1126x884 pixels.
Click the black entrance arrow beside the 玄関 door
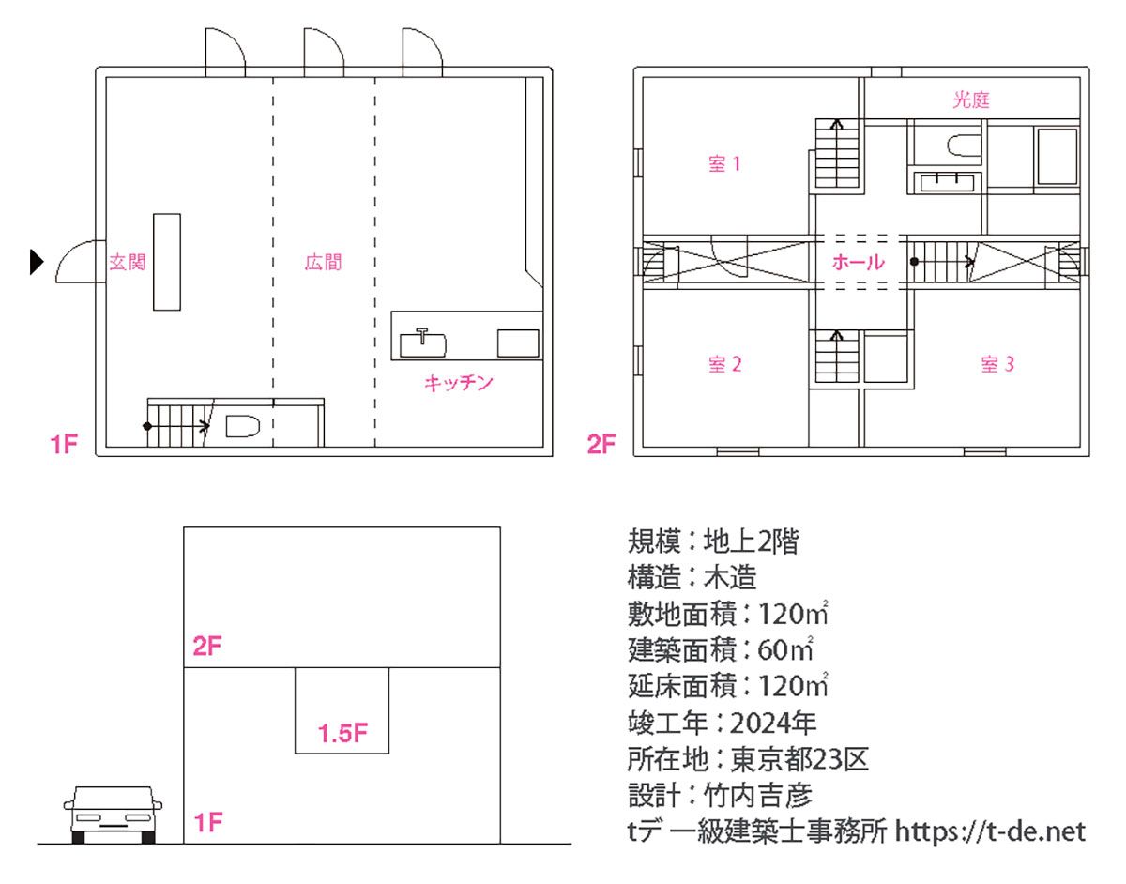click(x=37, y=262)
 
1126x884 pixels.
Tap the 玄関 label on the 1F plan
click(x=128, y=262)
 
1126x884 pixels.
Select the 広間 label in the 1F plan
click(x=324, y=262)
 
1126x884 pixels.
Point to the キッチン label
click(x=458, y=384)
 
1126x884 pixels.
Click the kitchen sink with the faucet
click(x=423, y=344)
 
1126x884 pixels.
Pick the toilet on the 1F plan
click(x=242, y=426)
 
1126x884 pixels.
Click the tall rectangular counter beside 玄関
click(x=167, y=262)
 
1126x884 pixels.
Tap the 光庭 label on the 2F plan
click(x=971, y=99)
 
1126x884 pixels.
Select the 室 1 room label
click(x=724, y=164)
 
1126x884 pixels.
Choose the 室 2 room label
click(x=725, y=364)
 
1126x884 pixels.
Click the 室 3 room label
click(x=997, y=364)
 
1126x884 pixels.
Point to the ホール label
click(x=858, y=262)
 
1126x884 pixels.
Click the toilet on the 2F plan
click(x=965, y=145)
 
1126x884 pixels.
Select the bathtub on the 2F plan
click(x=1057, y=156)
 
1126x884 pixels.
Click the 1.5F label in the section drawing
click(x=342, y=733)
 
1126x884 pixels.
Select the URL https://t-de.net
click(x=990, y=831)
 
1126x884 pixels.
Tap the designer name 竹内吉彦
click(x=757, y=796)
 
